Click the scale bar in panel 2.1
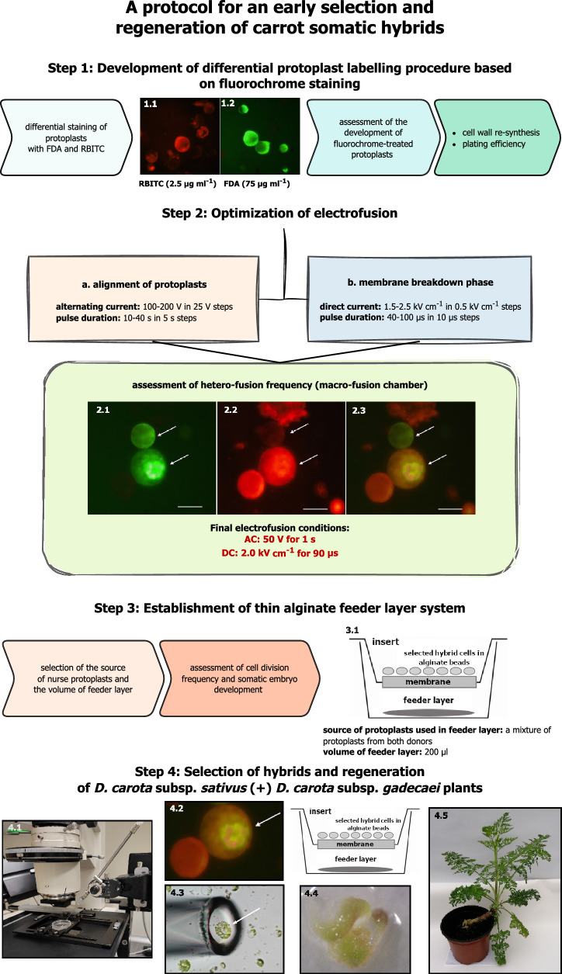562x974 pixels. click(190, 505)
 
